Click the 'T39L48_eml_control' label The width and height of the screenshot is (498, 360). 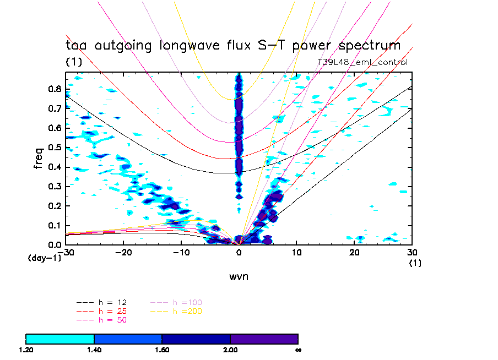pyautogui.click(x=362, y=62)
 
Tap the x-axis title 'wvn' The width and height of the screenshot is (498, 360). pyautogui.click(x=239, y=276)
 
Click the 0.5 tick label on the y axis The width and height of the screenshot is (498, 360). pyautogui.click(x=55, y=147)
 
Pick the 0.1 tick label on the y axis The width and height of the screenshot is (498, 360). pyautogui.click(x=55, y=225)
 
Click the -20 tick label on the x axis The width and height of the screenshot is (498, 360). pyautogui.click(x=123, y=252)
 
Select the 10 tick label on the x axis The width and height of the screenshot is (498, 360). pyautogui.click(x=297, y=252)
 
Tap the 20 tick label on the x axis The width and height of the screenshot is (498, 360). pyautogui.click(x=355, y=252)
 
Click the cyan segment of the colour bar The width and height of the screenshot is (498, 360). pyautogui.click(x=60, y=339)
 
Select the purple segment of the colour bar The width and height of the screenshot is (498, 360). pyautogui.click(x=264, y=339)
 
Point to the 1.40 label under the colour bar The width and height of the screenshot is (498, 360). pyautogui.click(x=94, y=350)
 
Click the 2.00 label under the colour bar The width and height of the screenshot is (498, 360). pyautogui.click(x=230, y=350)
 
